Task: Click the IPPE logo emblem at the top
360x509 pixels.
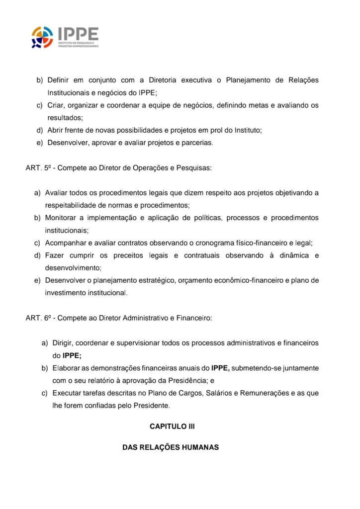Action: click(x=42, y=37)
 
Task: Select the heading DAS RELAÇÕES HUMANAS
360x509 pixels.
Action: click(x=171, y=447)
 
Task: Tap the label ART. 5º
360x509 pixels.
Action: click(x=38, y=168)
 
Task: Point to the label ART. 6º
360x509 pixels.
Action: click(x=38, y=318)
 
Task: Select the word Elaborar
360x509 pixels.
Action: click(x=67, y=368)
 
